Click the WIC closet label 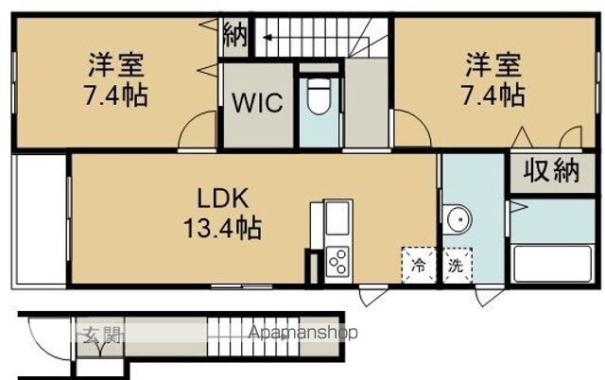(x=257, y=102)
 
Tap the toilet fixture (x=320, y=96)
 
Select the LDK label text (x=222, y=199)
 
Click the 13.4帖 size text (x=222, y=228)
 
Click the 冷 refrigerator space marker (x=418, y=265)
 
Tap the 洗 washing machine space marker (x=456, y=265)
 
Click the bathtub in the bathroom (x=552, y=264)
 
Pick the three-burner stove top (x=337, y=262)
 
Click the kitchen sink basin (x=337, y=217)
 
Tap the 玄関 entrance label (x=100, y=335)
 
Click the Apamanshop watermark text (x=303, y=333)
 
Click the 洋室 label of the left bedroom (x=115, y=65)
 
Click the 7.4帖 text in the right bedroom (x=493, y=95)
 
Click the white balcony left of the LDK (x=39, y=220)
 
